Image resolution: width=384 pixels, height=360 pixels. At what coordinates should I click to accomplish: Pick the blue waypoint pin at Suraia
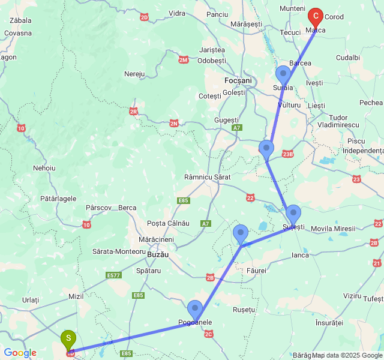tap(283, 76)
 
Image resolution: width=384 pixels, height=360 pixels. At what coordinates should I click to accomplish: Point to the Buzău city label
tap(157, 254)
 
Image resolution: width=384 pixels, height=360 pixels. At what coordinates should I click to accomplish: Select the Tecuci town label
tap(290, 32)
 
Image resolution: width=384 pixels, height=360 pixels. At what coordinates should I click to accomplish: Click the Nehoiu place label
tap(44, 168)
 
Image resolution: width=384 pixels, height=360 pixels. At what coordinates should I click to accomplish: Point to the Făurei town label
tap(256, 271)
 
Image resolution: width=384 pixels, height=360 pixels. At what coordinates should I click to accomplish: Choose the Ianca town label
tap(300, 255)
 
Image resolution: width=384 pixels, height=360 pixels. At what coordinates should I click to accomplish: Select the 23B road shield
tap(288, 154)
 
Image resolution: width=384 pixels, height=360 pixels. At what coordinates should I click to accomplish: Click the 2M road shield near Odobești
tap(184, 59)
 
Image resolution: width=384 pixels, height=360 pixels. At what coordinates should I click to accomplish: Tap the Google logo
tap(20, 353)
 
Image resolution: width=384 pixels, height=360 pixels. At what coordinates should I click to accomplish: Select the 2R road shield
tap(133, 111)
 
